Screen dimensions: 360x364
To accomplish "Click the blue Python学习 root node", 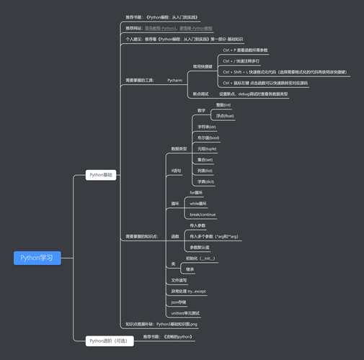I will point(37,258).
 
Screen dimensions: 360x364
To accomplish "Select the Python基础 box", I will point(100,175).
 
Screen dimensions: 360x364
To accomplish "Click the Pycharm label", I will point(174,80).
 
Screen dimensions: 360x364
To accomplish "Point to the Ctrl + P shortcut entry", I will point(245,50).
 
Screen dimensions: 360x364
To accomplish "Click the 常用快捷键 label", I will point(203,66).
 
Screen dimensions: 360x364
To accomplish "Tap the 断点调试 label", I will point(200,94).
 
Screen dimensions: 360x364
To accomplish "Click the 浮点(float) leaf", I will point(225,116).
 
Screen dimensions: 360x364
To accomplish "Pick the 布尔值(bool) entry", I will point(208,138).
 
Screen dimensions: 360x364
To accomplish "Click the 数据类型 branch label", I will point(179,148).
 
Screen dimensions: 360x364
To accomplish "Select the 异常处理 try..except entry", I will point(188,291).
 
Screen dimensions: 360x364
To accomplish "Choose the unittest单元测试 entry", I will point(185,313).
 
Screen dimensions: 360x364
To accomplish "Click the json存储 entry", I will point(178,302).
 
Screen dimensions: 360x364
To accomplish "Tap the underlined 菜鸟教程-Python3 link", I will point(161,28).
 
